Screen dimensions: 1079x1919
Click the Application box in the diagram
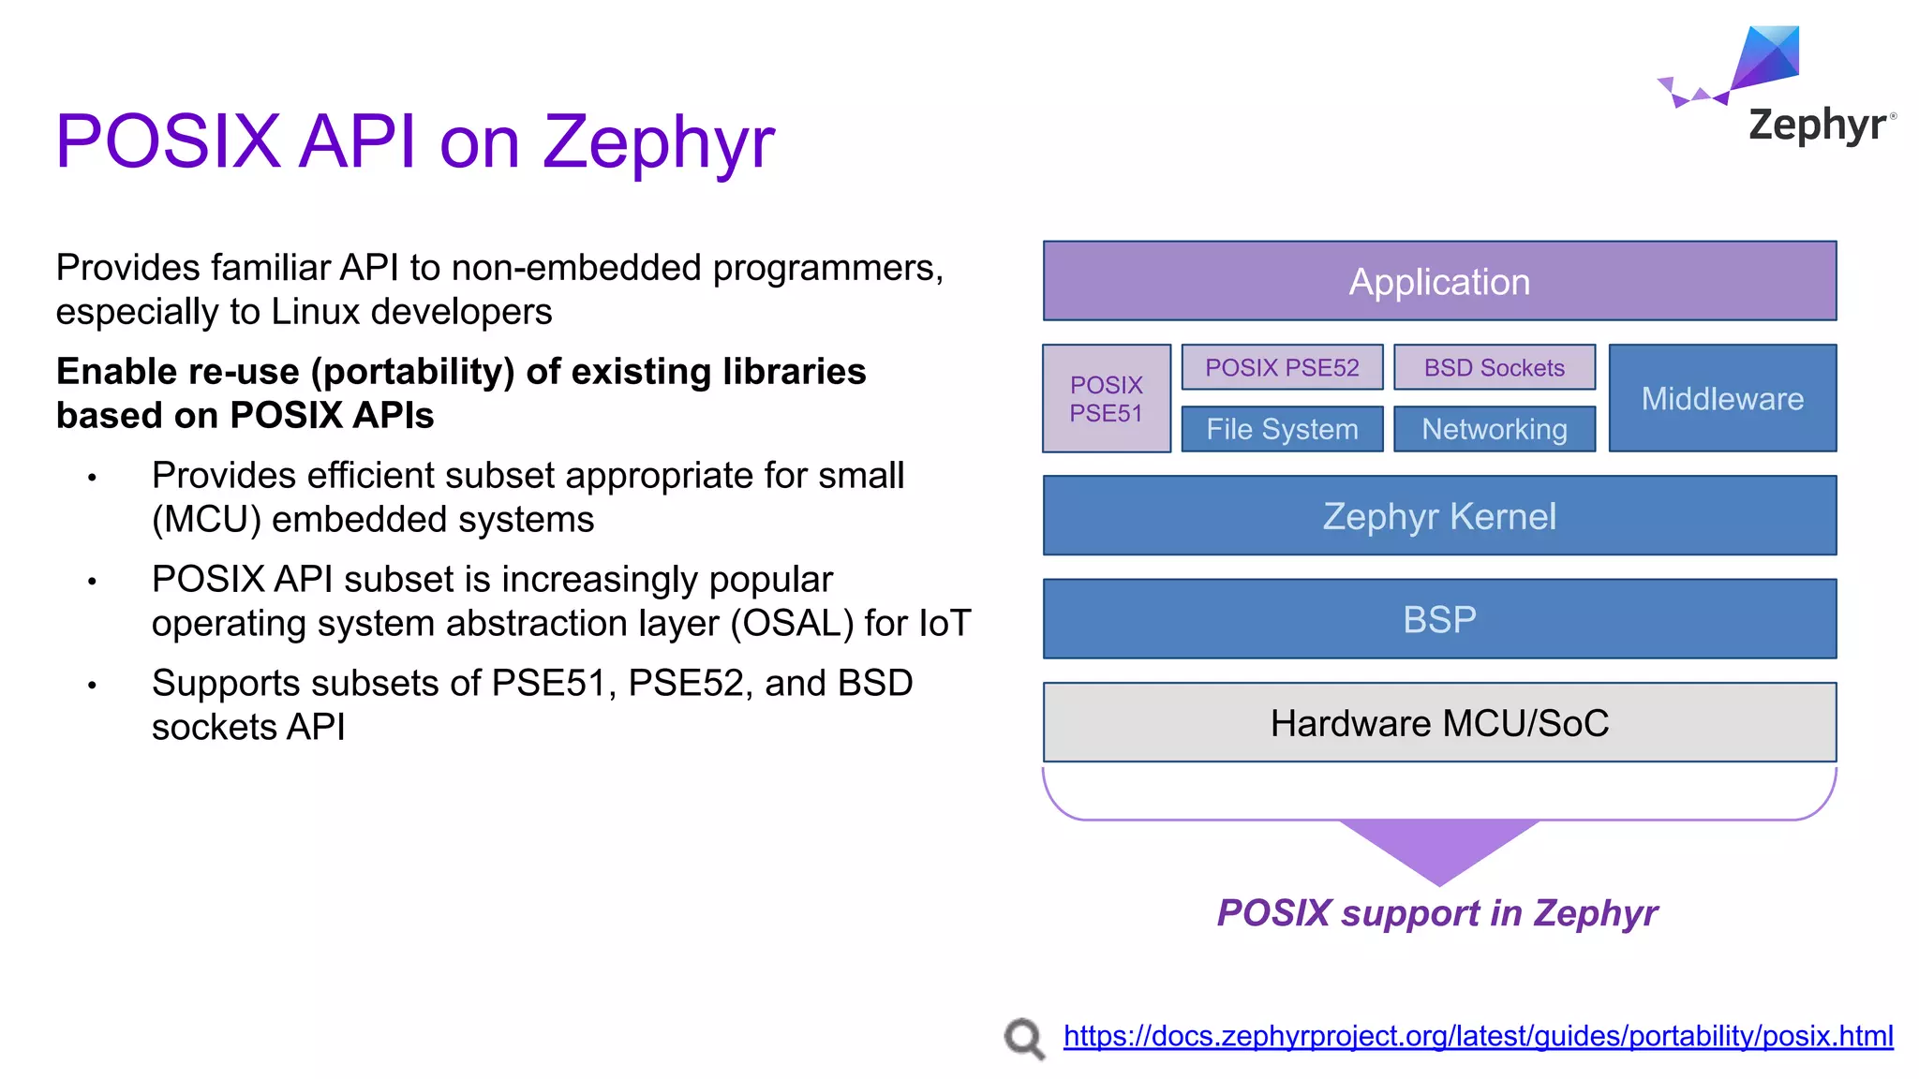click(1439, 281)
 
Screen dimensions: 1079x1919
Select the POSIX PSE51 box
click(1107, 399)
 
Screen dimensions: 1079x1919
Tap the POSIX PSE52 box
click(1282, 367)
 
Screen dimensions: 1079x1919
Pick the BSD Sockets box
click(1495, 367)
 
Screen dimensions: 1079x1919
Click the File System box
click(1282, 429)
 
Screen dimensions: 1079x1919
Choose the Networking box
click(1495, 429)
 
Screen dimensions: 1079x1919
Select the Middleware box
click(1722, 399)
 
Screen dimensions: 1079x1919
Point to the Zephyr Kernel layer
click(1439, 516)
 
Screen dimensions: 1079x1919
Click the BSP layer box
click(1439, 619)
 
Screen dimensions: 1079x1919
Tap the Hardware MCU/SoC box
click(1439, 723)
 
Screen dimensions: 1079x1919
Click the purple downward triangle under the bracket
click(1439, 848)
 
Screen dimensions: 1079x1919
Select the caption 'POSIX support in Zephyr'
click(1437, 913)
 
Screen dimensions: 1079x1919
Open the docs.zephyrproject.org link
click(1478, 1036)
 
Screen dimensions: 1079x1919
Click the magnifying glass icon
click(1024, 1039)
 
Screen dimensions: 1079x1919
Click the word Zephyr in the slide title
click(659, 142)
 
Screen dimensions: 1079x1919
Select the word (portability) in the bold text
click(413, 372)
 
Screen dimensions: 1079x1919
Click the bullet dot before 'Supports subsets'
click(92, 686)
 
